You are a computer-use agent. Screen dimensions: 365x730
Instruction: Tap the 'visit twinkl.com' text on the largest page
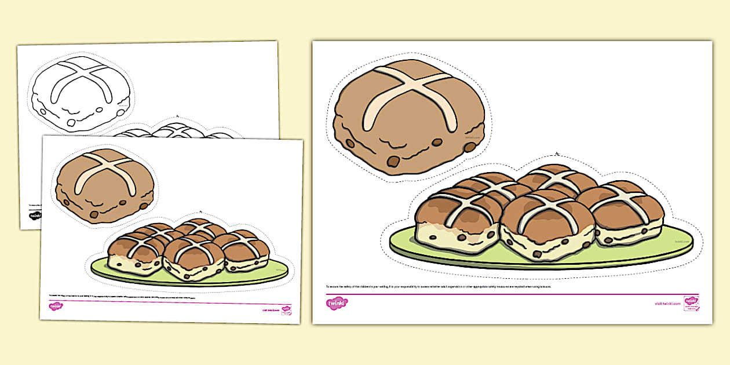(x=666, y=303)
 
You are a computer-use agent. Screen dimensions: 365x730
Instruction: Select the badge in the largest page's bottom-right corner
(x=691, y=303)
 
